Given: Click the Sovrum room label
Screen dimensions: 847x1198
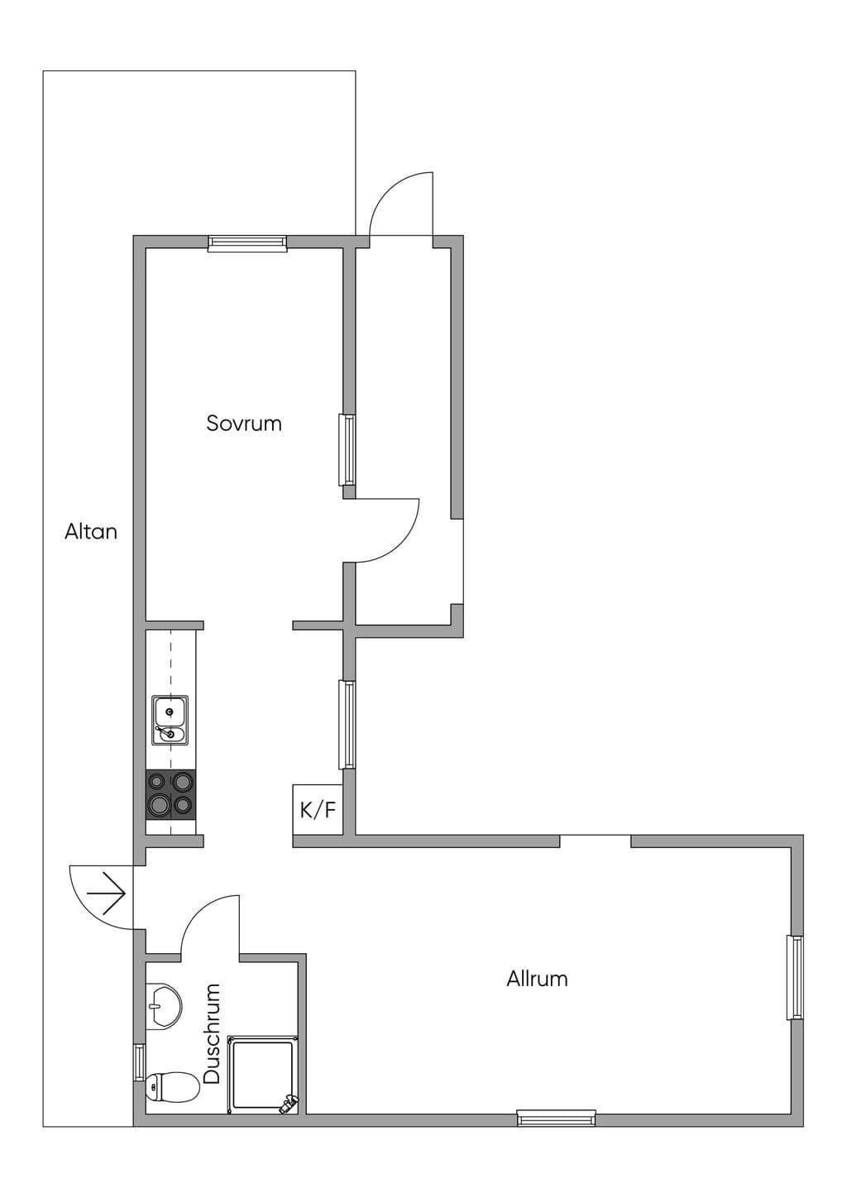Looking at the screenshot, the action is (x=244, y=424).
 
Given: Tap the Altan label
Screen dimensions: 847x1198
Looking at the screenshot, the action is (x=91, y=532).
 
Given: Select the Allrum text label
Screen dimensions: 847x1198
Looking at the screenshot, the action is (x=537, y=980).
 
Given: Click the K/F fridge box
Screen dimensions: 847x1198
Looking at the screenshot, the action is (x=318, y=809).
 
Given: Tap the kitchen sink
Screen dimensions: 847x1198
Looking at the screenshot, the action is (x=170, y=720).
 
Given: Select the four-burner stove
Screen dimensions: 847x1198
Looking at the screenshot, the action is (x=170, y=795).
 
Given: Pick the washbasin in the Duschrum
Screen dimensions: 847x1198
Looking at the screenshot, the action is (x=163, y=1006).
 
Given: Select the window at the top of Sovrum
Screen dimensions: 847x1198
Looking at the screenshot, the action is (x=247, y=243).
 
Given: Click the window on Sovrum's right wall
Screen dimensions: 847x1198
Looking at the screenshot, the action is (x=347, y=450).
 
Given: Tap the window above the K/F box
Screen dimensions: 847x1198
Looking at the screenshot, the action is (x=347, y=724).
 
